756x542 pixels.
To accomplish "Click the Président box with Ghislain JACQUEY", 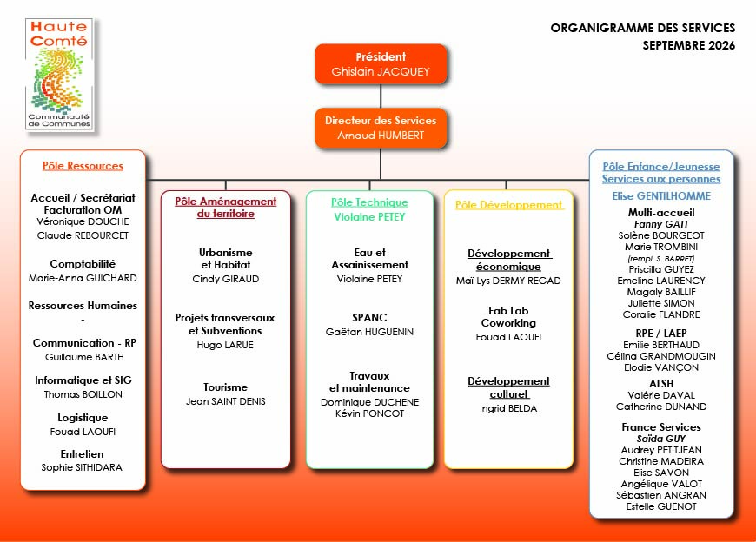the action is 381,64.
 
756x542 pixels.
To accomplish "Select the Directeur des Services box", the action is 381,128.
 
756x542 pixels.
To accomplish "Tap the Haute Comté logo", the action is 59,74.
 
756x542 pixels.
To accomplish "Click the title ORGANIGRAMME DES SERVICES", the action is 643,28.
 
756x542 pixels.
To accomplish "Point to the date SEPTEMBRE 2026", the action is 688,45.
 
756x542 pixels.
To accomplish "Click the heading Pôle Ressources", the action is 83,166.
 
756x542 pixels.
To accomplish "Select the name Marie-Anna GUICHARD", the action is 83,278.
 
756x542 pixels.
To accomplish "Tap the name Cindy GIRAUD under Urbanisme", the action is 226,279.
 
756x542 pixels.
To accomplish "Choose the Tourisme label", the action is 225,387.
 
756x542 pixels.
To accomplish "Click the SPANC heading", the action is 369,318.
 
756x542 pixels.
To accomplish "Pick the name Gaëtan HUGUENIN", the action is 369,332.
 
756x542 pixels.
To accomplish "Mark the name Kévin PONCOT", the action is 369,413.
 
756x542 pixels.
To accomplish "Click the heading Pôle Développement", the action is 508,205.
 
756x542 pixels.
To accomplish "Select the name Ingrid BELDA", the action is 508,408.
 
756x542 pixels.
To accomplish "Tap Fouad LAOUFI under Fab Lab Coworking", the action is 508,337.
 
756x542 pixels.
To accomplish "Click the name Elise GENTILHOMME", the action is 661,196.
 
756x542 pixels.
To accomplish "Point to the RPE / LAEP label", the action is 661,334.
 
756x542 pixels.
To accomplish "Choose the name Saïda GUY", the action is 661,439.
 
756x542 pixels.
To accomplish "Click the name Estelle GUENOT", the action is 661,507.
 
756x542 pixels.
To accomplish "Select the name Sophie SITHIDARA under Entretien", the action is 82,467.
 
